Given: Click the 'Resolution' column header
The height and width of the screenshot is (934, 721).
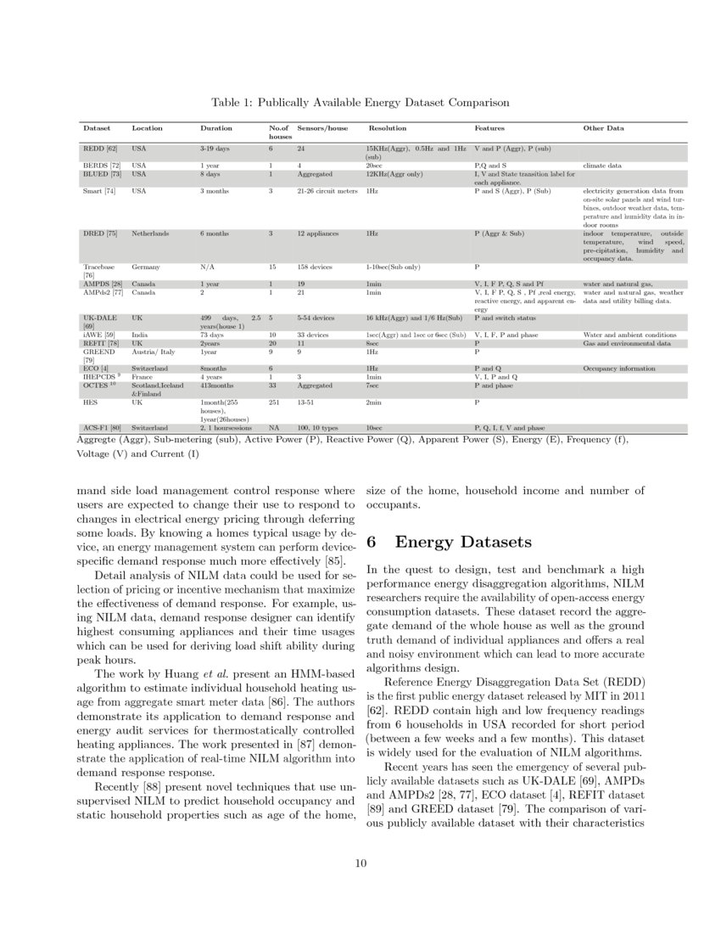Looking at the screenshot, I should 387,128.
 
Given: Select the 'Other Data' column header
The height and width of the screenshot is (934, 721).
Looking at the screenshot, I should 603,128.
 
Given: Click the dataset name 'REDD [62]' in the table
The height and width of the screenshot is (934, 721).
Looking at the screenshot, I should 99,149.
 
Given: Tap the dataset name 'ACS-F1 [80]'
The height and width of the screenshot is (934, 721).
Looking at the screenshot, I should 101,428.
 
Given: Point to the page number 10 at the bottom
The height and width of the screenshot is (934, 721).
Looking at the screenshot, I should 360,864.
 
